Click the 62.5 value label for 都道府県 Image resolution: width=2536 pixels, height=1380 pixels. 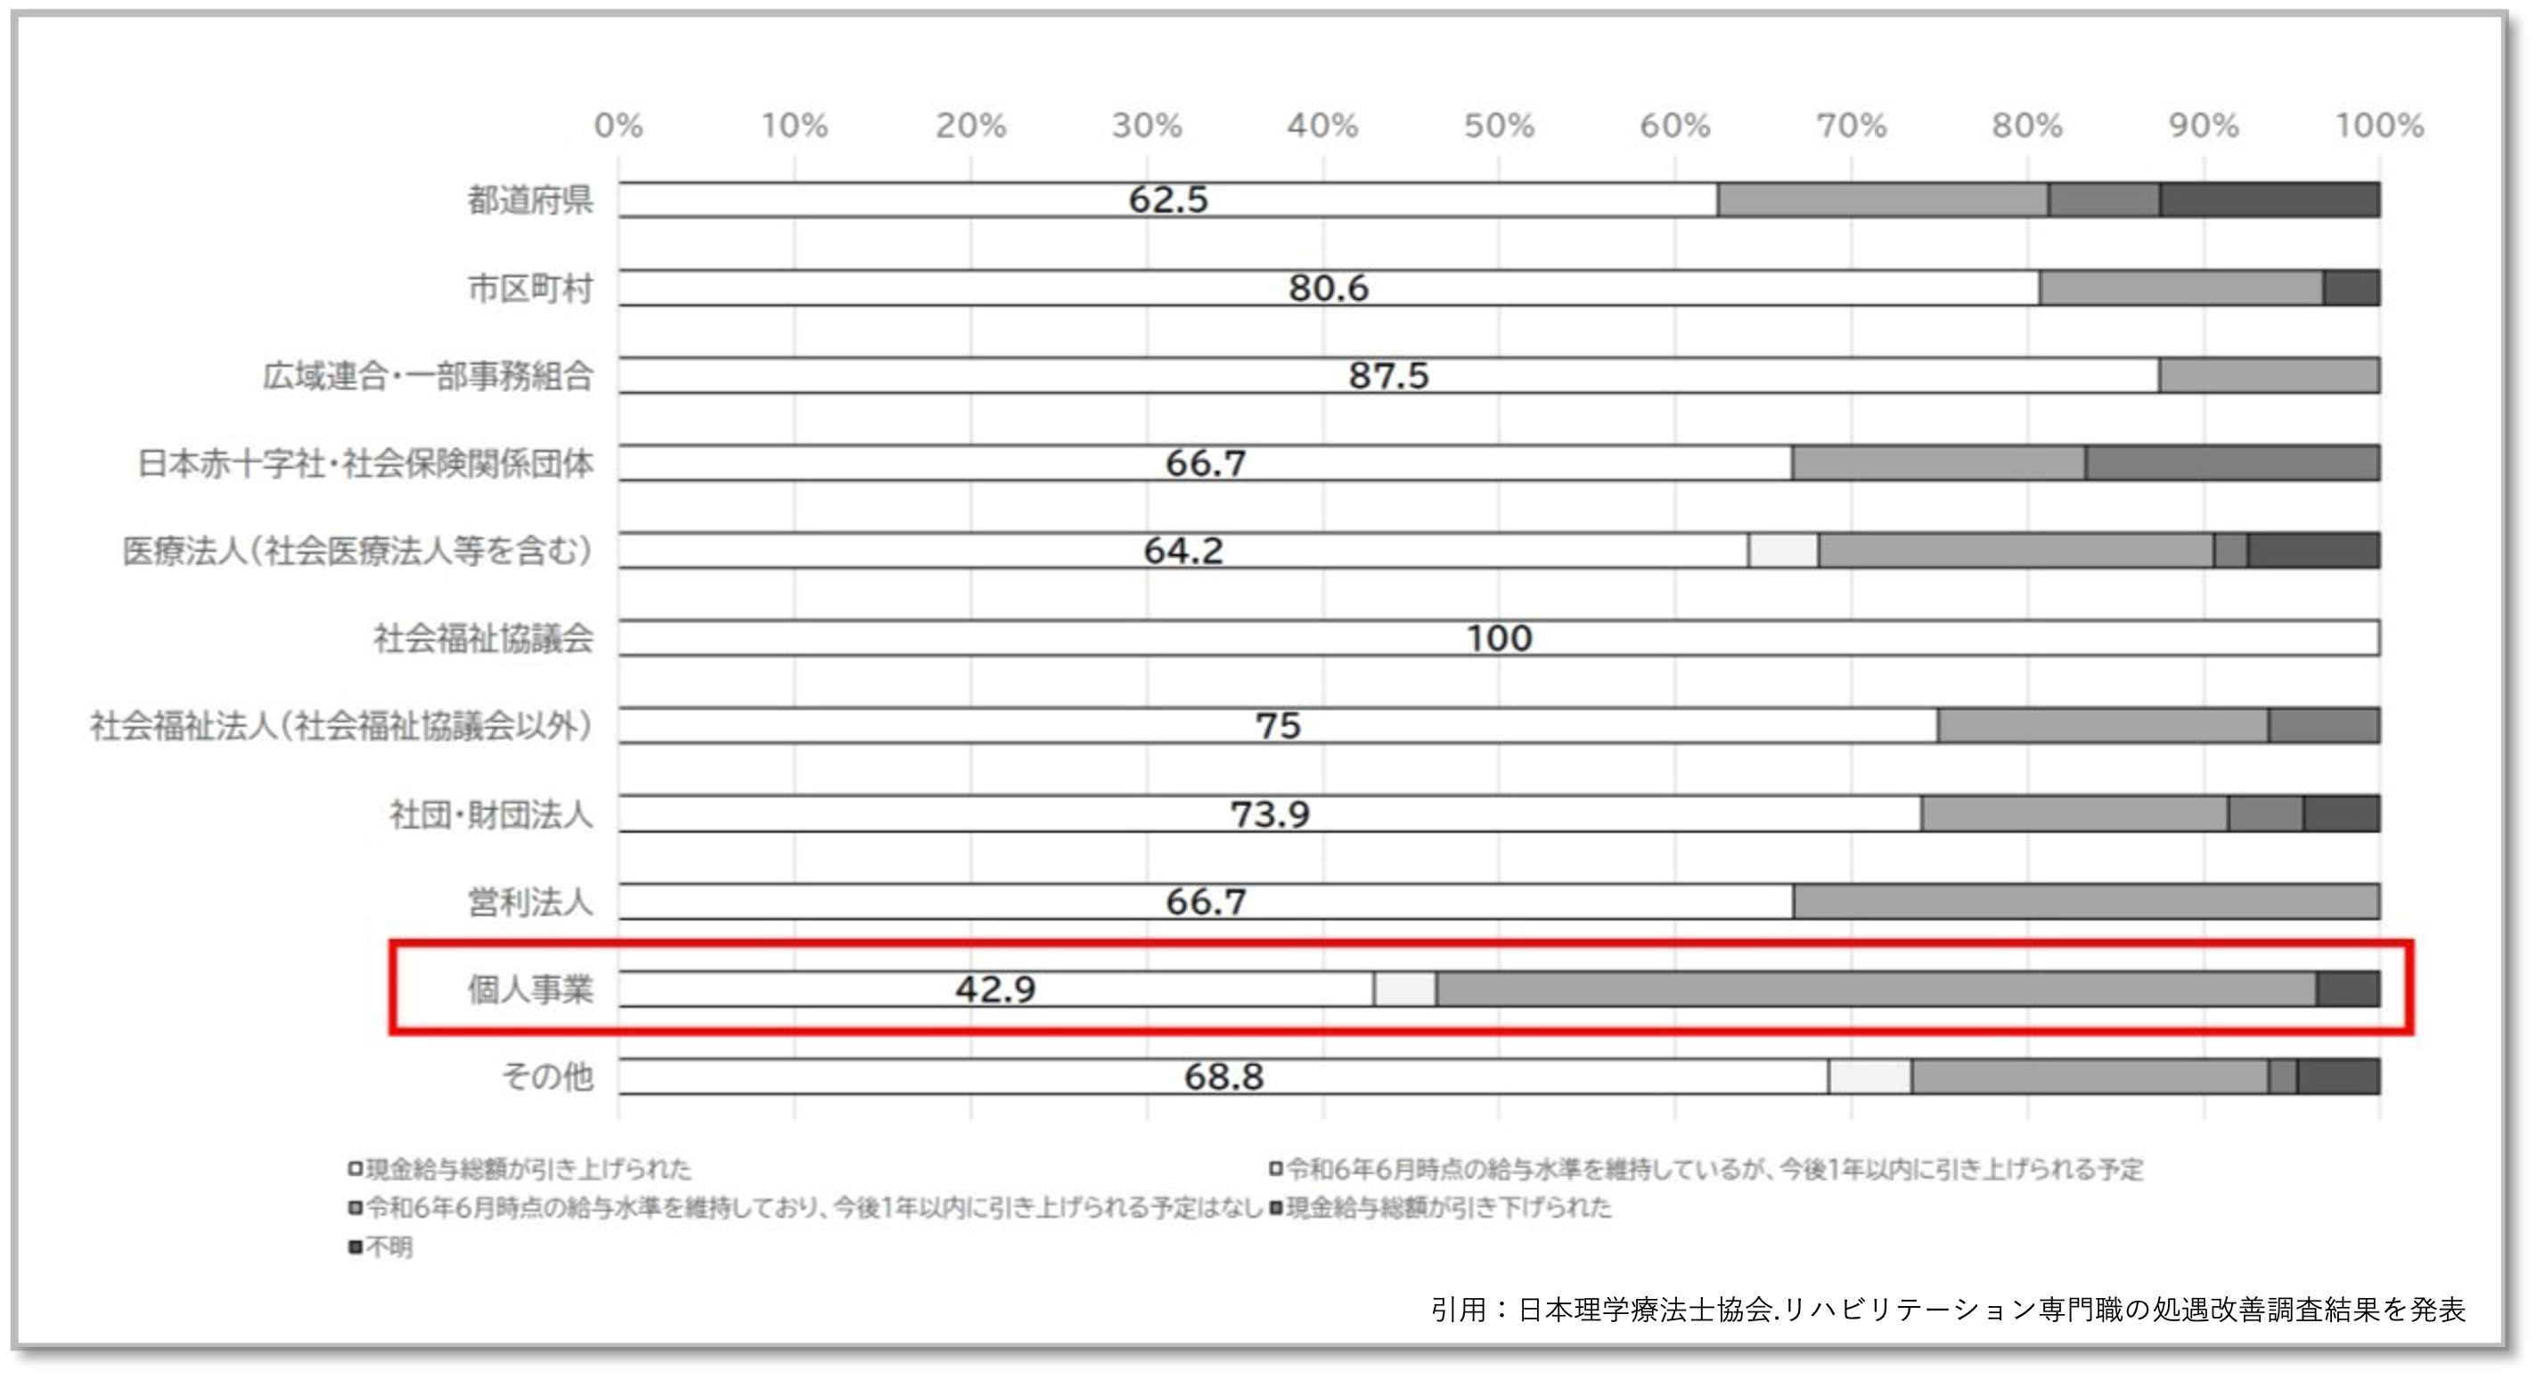[x=1167, y=200]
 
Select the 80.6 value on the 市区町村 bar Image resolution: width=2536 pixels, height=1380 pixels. [x=1328, y=289]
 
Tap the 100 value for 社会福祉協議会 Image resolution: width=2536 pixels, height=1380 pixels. [x=1499, y=639]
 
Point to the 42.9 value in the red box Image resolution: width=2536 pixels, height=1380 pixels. [x=995, y=989]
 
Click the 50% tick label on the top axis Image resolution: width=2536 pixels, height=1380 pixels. [x=1499, y=126]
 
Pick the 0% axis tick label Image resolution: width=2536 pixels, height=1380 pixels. [x=618, y=126]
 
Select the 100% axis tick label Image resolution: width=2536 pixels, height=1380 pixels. [x=2378, y=126]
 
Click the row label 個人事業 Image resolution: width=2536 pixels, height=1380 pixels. [x=529, y=989]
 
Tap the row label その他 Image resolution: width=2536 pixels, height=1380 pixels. [x=547, y=1077]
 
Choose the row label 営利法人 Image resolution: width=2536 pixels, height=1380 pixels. [x=529, y=902]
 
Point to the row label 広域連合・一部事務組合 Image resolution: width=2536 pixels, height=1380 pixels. [x=427, y=376]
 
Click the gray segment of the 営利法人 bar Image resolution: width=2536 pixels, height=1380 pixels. [x=2085, y=902]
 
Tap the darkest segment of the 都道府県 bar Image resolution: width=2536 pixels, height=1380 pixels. [x=2270, y=200]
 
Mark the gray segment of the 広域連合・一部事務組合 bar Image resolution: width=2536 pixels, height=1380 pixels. [x=2270, y=376]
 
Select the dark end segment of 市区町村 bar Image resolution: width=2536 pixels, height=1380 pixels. [x=2351, y=289]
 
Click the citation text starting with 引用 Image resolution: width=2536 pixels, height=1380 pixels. [x=1947, y=1309]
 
